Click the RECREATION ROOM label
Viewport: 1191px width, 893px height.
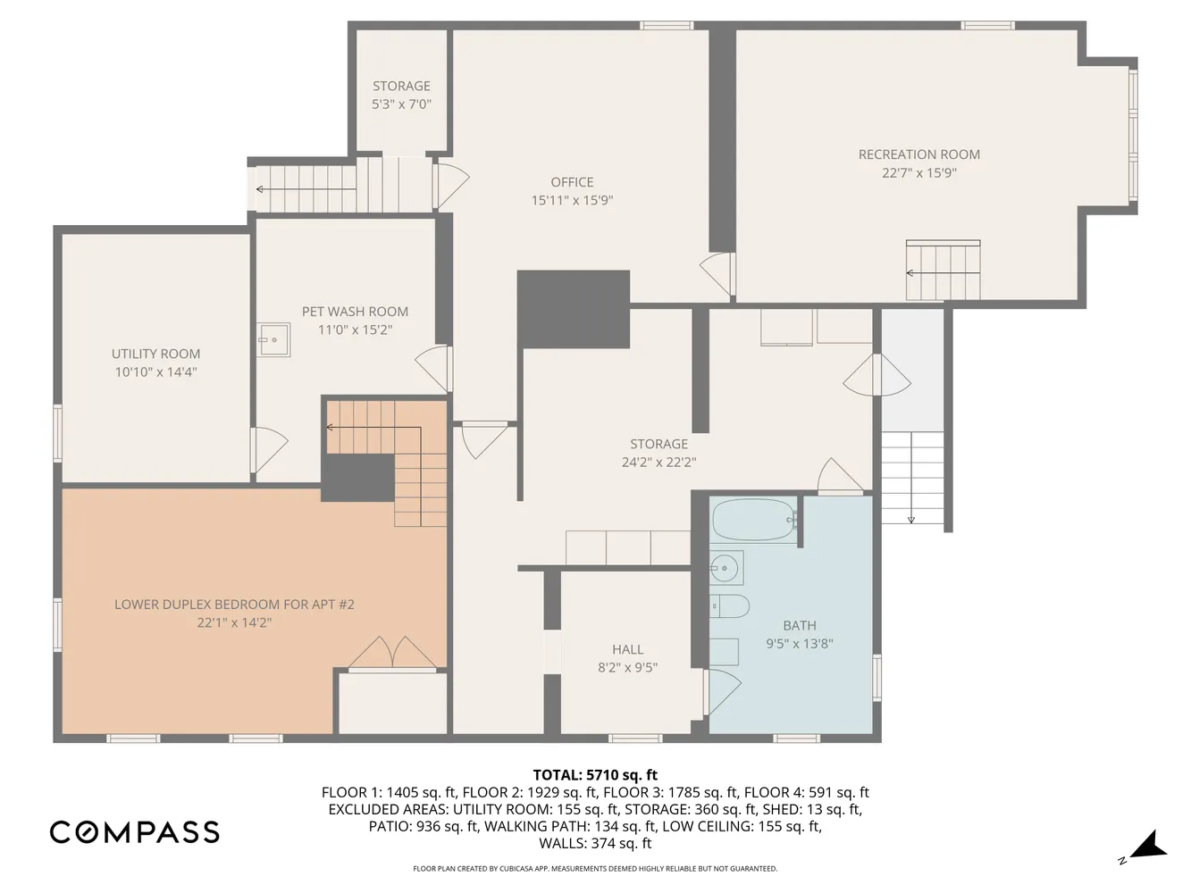[x=918, y=154]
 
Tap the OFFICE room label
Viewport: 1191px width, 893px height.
[x=572, y=182]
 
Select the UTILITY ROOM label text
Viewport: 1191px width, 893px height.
[x=155, y=354]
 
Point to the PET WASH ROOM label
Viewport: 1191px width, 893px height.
[x=355, y=312]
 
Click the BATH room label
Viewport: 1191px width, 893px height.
[x=799, y=625]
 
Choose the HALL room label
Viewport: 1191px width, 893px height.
[x=627, y=649]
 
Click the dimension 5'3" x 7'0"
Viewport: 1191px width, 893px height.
[x=401, y=104]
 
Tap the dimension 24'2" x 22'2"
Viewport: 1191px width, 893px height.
[x=658, y=463]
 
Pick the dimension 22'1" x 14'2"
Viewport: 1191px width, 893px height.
[x=234, y=622]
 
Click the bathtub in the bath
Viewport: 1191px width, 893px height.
[x=753, y=520]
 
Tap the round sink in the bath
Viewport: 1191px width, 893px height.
[x=725, y=566]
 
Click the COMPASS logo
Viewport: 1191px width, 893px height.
[x=134, y=832]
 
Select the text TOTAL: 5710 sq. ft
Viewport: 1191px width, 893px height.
[x=595, y=775]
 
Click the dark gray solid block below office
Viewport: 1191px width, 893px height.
[x=573, y=308]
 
